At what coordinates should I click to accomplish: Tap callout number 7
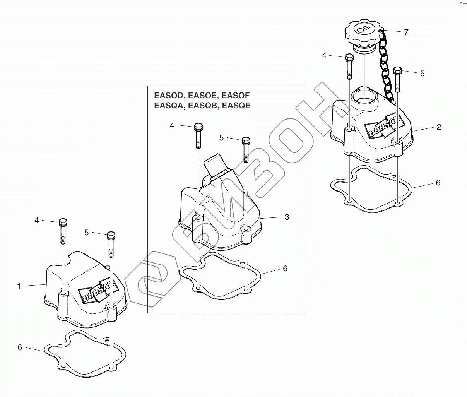coord(406,32)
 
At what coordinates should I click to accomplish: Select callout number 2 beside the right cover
coord(439,127)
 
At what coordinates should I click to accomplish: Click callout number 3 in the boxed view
coord(287,217)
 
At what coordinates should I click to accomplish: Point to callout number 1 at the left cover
coord(18,286)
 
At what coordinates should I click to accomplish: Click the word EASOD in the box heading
coord(167,96)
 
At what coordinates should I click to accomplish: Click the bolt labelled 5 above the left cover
coord(111,244)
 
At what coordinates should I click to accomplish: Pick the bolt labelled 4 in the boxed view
coord(198,135)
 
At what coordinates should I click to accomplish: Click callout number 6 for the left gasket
coord(20,347)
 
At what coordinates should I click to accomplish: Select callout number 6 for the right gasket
coord(438,183)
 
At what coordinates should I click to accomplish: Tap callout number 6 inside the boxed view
coord(285,268)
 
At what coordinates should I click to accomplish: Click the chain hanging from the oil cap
coord(385,66)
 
